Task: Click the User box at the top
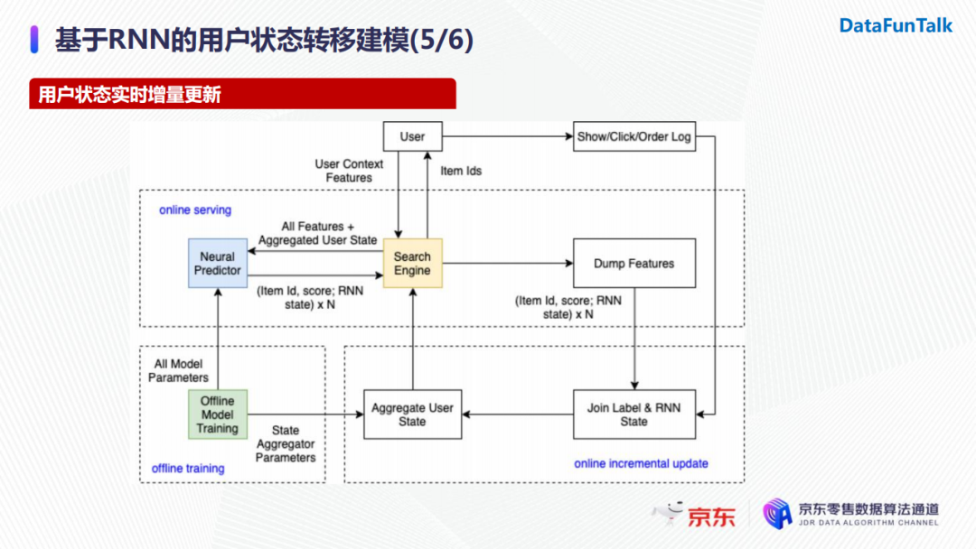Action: point(412,136)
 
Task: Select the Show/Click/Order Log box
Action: point(633,137)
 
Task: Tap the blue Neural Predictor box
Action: point(218,264)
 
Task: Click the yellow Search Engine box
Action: point(412,264)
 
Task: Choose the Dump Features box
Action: point(633,264)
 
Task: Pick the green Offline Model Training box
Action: point(217,414)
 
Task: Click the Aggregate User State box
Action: point(412,414)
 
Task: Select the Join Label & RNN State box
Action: point(633,414)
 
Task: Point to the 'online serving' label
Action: point(195,210)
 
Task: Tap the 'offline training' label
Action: point(188,469)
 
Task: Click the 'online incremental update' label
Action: point(641,464)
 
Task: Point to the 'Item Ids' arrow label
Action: point(461,171)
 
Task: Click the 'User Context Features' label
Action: point(349,171)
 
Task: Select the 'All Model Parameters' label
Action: point(180,371)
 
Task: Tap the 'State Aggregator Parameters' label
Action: point(286,444)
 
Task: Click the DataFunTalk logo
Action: point(896,26)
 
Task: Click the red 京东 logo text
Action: point(711,516)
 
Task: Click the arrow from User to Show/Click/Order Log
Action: point(506,137)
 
